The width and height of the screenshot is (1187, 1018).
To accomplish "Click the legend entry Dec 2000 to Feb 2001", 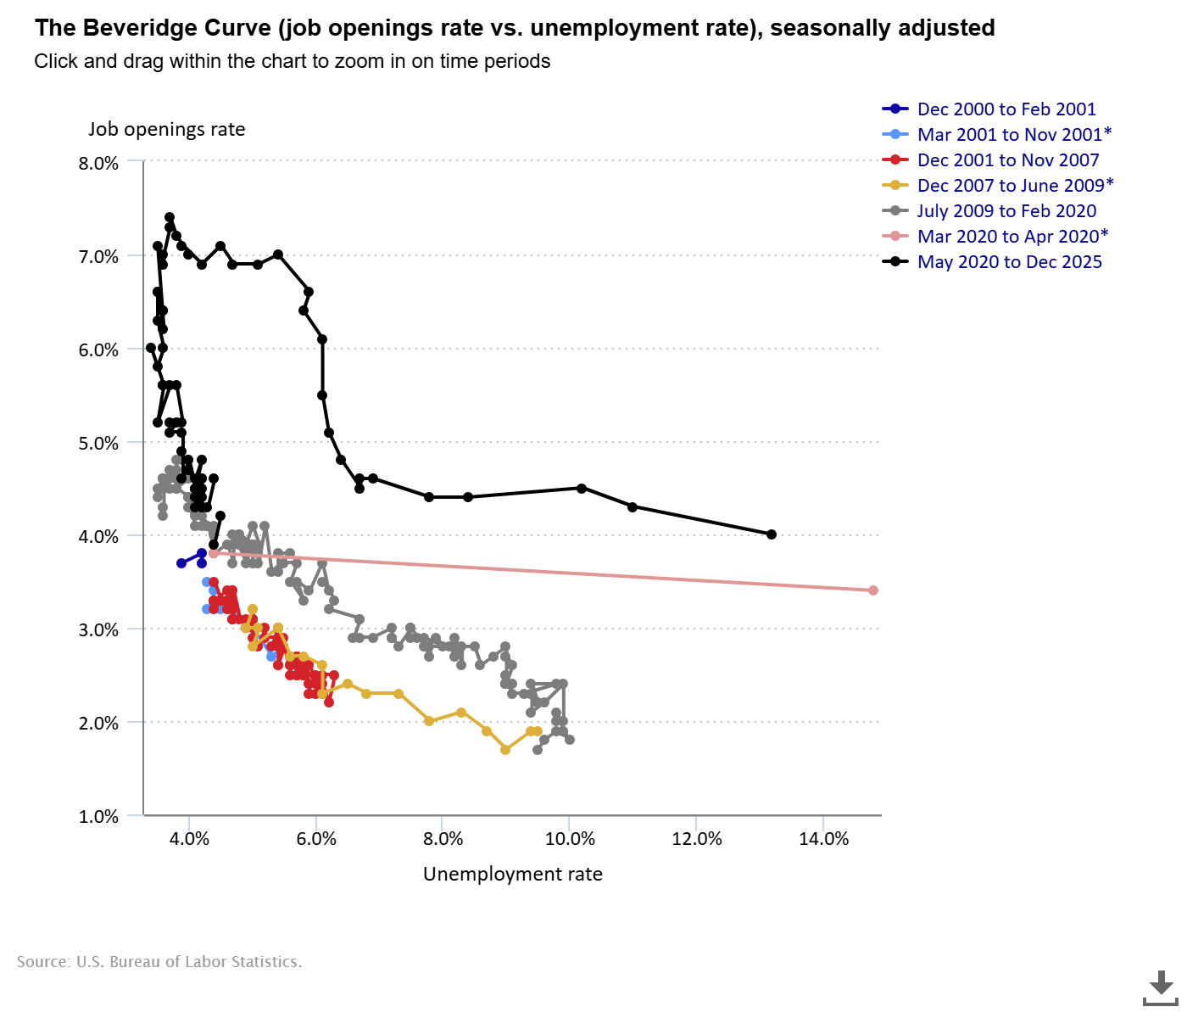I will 1006,109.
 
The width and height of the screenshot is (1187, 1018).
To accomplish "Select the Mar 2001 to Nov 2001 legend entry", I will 1014,135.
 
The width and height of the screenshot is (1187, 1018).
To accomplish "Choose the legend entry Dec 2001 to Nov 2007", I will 1008,160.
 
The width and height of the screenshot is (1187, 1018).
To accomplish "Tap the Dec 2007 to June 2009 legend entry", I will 1015,186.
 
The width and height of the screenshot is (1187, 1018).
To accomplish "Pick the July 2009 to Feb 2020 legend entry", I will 1006,211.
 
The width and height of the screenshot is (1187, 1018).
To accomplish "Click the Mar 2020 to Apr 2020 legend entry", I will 1012,237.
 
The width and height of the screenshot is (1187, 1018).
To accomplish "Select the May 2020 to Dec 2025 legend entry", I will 1009,262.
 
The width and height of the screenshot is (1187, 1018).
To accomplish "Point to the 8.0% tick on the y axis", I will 98,163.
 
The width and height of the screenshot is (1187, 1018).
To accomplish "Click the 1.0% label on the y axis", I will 98,816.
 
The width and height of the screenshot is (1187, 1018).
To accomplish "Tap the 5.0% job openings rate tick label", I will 98,443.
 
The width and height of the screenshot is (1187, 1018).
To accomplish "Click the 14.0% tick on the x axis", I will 823,839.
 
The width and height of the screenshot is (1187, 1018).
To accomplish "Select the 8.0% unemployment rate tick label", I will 443,839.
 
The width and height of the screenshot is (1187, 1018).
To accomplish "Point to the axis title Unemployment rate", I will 512,874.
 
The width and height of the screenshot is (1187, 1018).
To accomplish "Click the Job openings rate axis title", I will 166,129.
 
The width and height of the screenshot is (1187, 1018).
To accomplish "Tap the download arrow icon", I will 1161,987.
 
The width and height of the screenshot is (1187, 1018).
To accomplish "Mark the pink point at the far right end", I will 873,590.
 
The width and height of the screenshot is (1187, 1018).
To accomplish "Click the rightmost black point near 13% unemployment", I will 772,534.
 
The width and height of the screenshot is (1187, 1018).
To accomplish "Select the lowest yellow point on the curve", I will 505,750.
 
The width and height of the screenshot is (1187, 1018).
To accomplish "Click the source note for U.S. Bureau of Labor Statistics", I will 159,962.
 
